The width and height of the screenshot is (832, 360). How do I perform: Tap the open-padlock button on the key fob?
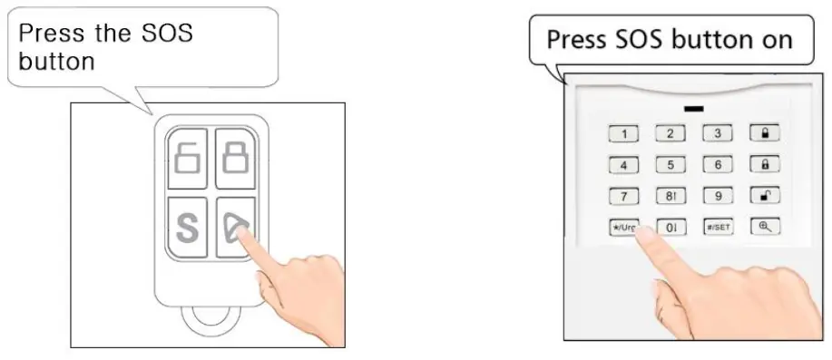pos(187,155)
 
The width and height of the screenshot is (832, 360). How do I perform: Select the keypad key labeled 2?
pos(670,134)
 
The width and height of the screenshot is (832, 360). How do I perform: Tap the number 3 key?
pos(718,134)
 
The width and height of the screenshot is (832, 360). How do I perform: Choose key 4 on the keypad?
pos(623,165)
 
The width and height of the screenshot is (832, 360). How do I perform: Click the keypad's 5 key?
pos(670,165)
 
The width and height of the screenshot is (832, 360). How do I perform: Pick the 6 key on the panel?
pos(718,165)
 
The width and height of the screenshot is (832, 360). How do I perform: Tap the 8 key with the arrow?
pos(670,196)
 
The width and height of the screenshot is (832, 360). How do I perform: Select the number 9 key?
pos(718,196)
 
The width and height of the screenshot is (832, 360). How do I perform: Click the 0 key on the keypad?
pos(670,227)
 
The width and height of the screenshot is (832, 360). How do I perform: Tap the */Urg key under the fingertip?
pos(623,227)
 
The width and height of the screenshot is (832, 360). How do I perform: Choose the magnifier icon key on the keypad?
pos(765,227)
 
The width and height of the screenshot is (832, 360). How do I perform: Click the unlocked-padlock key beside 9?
pos(765,196)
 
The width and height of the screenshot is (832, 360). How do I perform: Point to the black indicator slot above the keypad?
pos(694,108)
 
